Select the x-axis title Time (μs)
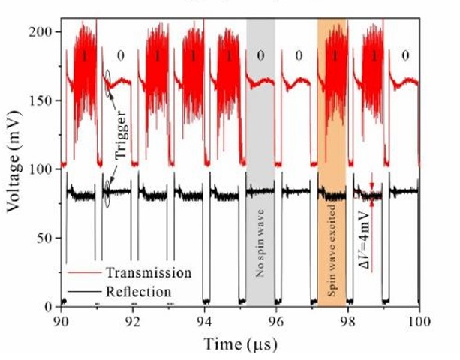[241, 343]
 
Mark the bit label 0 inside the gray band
[260, 55]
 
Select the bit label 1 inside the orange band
[332, 55]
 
